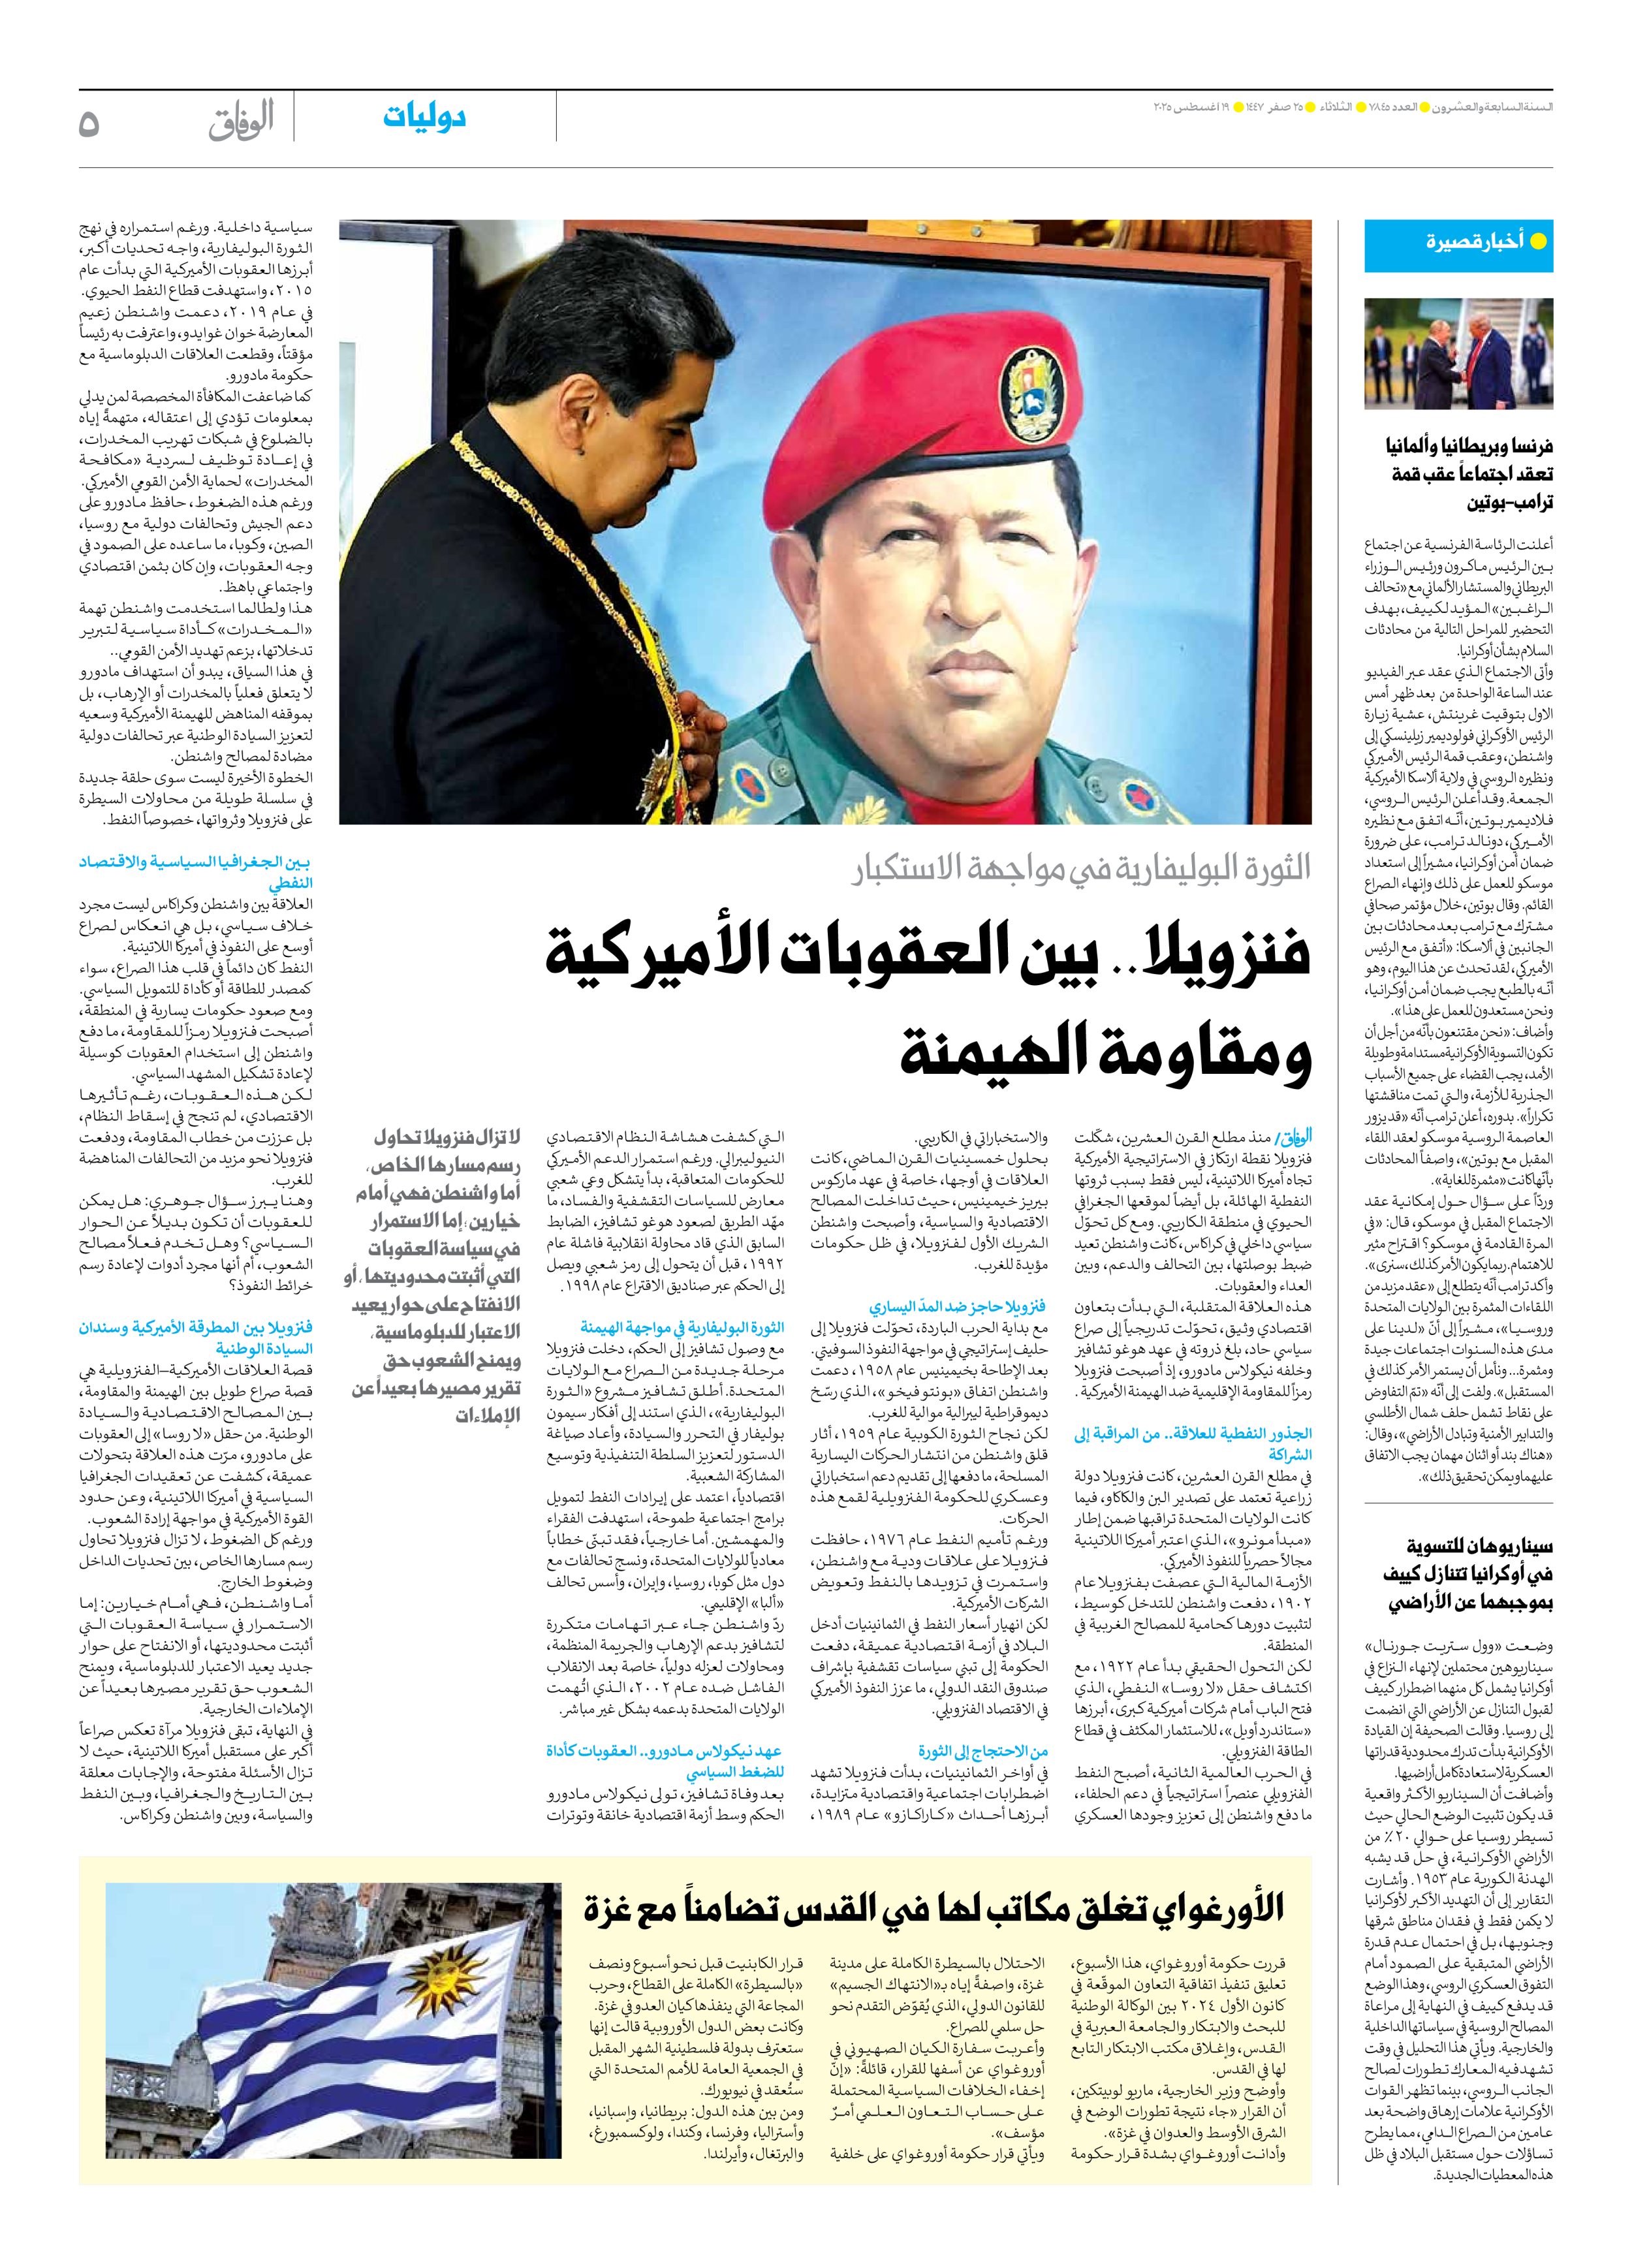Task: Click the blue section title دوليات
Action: click(424, 118)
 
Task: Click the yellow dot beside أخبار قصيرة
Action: click(1538, 242)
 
